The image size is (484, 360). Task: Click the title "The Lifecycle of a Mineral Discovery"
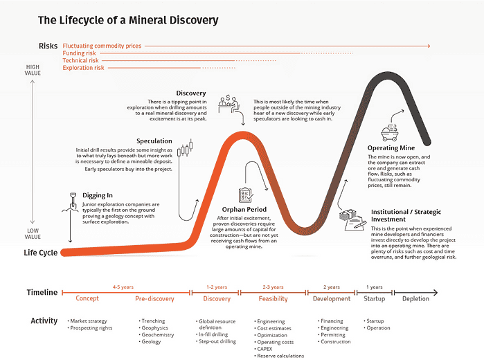[128, 21]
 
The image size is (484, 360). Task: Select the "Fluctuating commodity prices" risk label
[102, 46]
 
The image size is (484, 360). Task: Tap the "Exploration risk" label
[84, 68]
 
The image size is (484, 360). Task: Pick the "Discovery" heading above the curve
[190, 93]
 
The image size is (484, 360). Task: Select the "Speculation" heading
[154, 141]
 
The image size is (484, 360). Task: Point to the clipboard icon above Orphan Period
[245, 195]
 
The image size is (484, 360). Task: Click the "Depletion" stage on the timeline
[416, 298]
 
